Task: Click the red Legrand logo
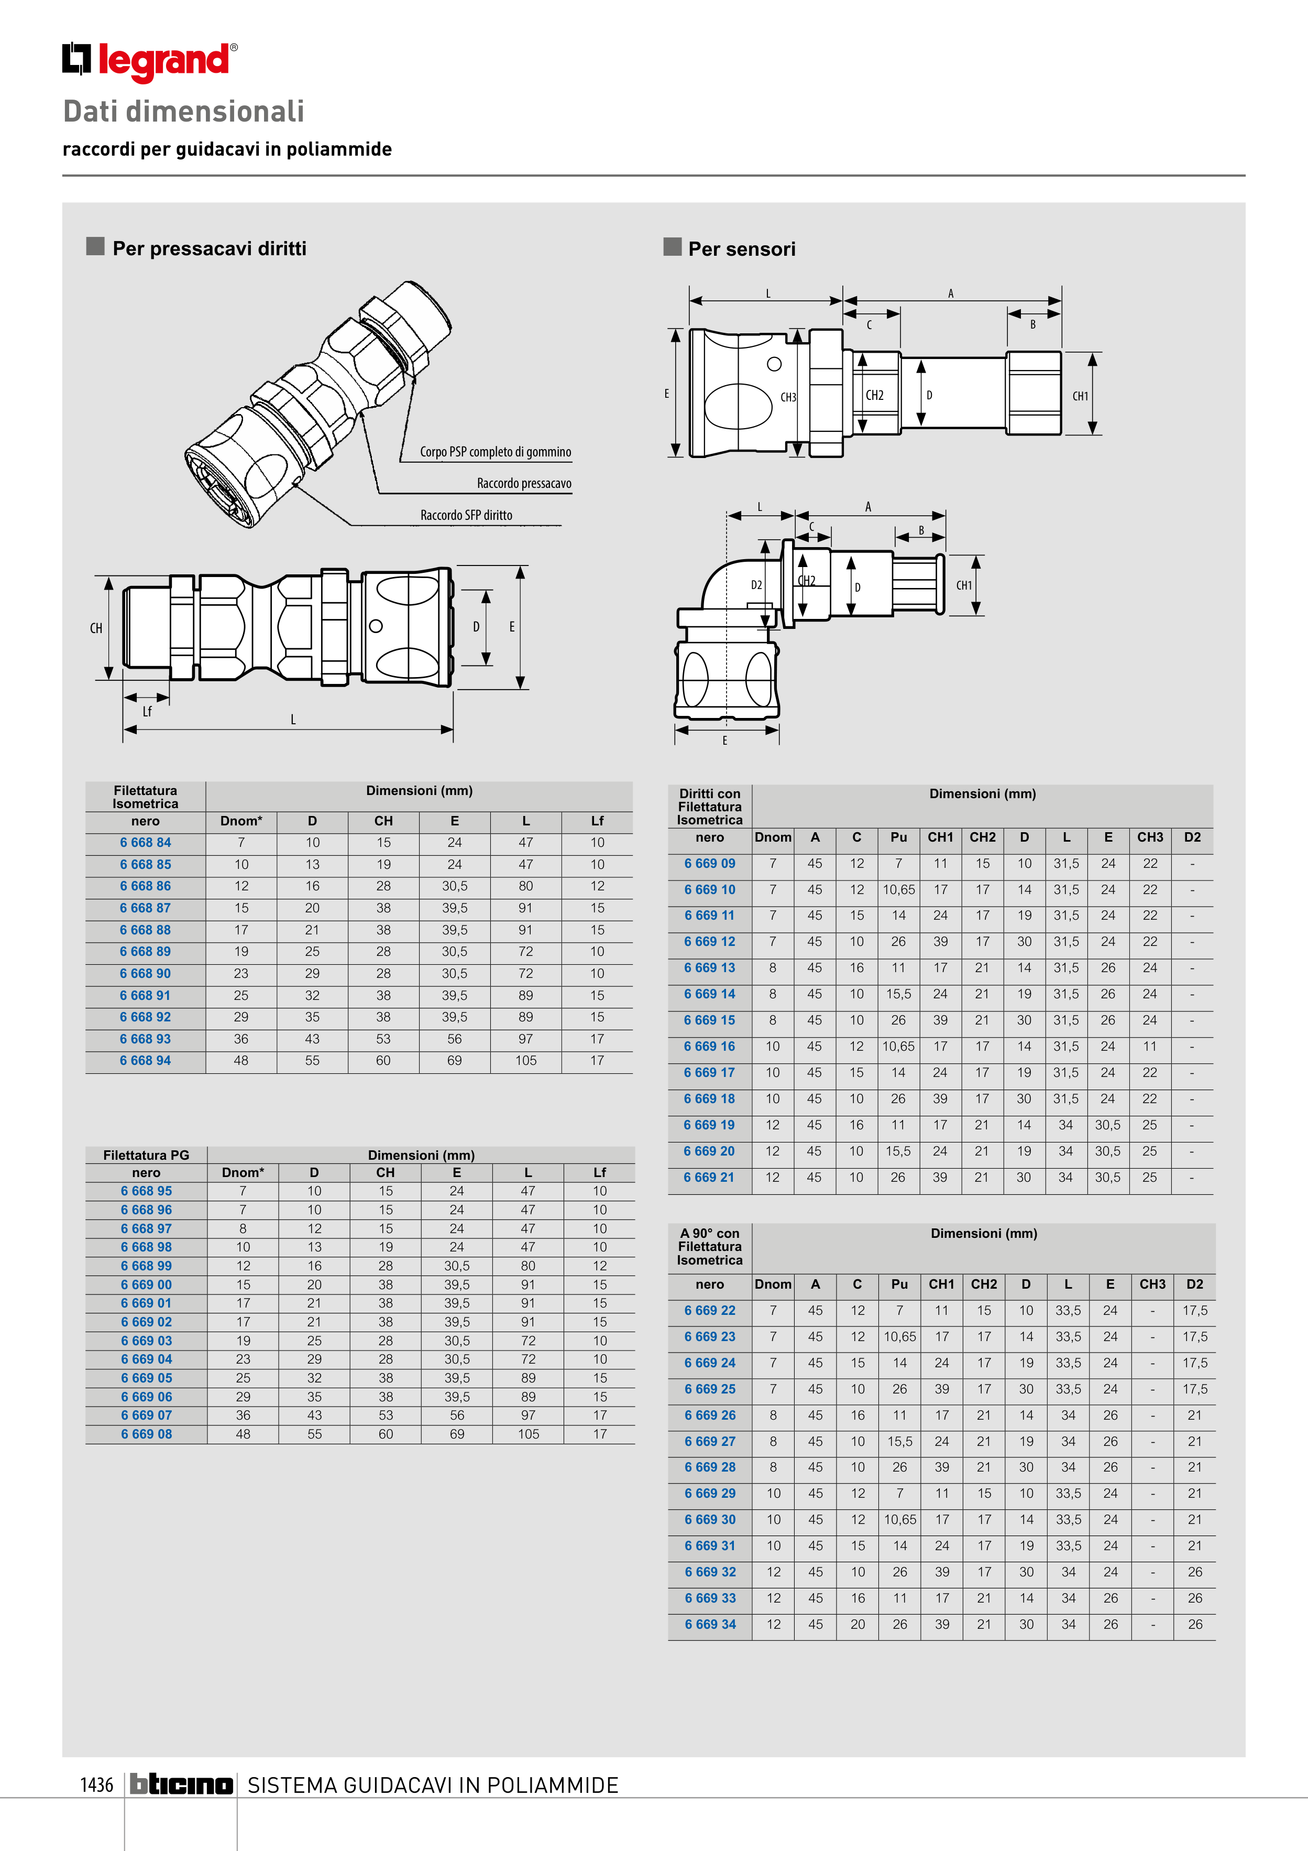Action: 150,61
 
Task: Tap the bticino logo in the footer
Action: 181,1784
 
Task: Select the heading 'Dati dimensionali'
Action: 184,111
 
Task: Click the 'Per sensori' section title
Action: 741,249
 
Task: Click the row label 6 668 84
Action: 145,843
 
